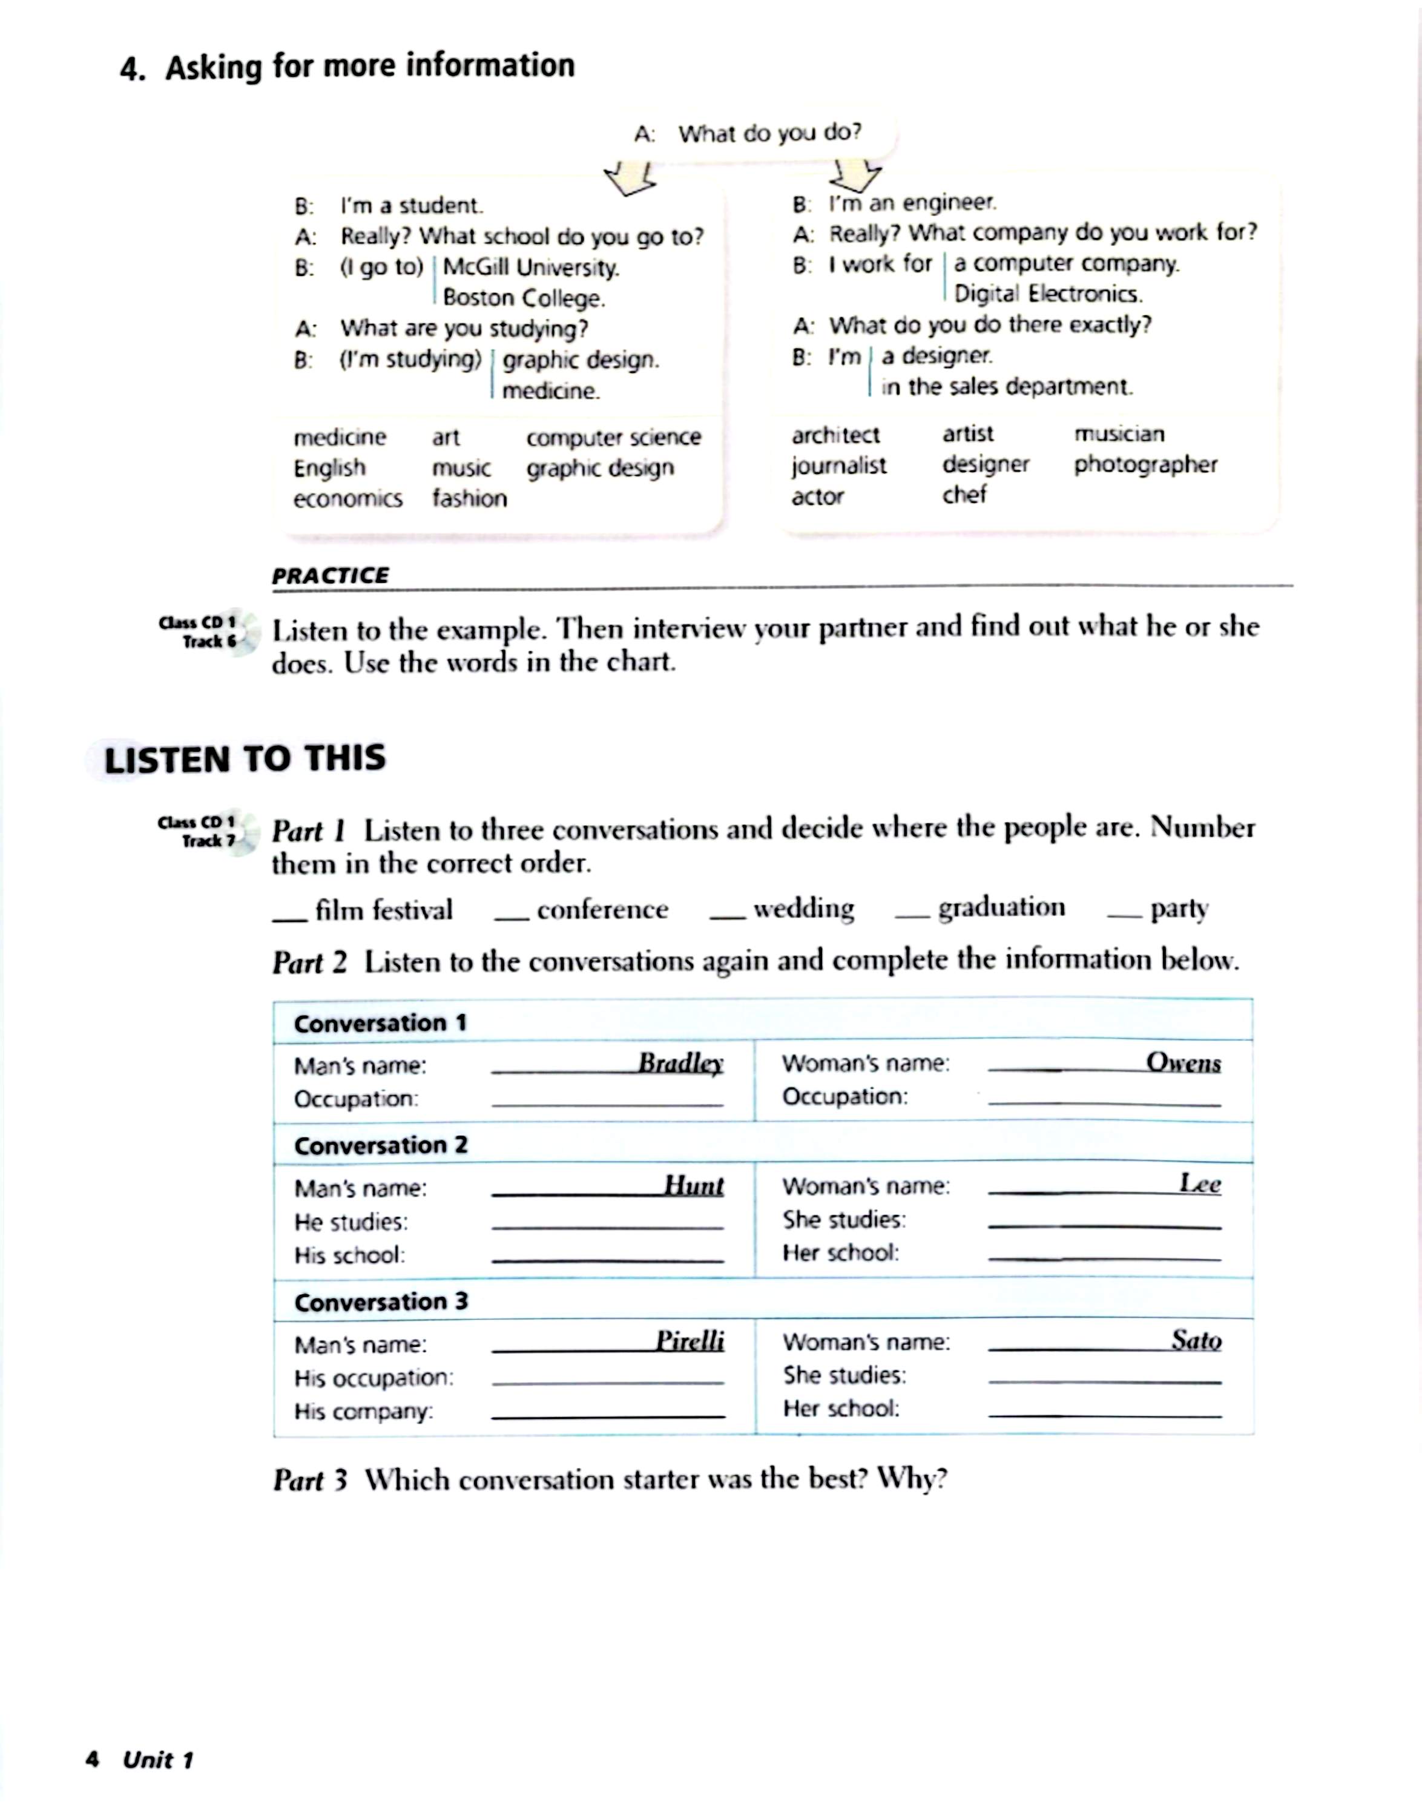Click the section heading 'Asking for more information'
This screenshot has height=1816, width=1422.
click(x=370, y=67)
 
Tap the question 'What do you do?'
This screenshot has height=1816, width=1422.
click(x=769, y=133)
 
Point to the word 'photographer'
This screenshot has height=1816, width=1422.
click(x=1145, y=465)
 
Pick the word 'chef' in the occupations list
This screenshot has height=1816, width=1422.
click(x=964, y=495)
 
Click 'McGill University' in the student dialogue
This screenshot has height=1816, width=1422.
click(x=531, y=268)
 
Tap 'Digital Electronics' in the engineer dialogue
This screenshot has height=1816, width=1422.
click(x=1047, y=294)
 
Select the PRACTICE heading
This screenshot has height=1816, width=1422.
click(x=330, y=575)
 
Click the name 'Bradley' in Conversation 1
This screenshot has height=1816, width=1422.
click(x=680, y=1064)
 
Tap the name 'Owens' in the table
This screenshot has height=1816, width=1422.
click(x=1183, y=1062)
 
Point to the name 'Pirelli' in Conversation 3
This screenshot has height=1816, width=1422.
click(x=690, y=1341)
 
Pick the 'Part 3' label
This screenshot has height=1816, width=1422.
click(x=310, y=1479)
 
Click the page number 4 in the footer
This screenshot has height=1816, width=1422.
click(x=93, y=1759)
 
